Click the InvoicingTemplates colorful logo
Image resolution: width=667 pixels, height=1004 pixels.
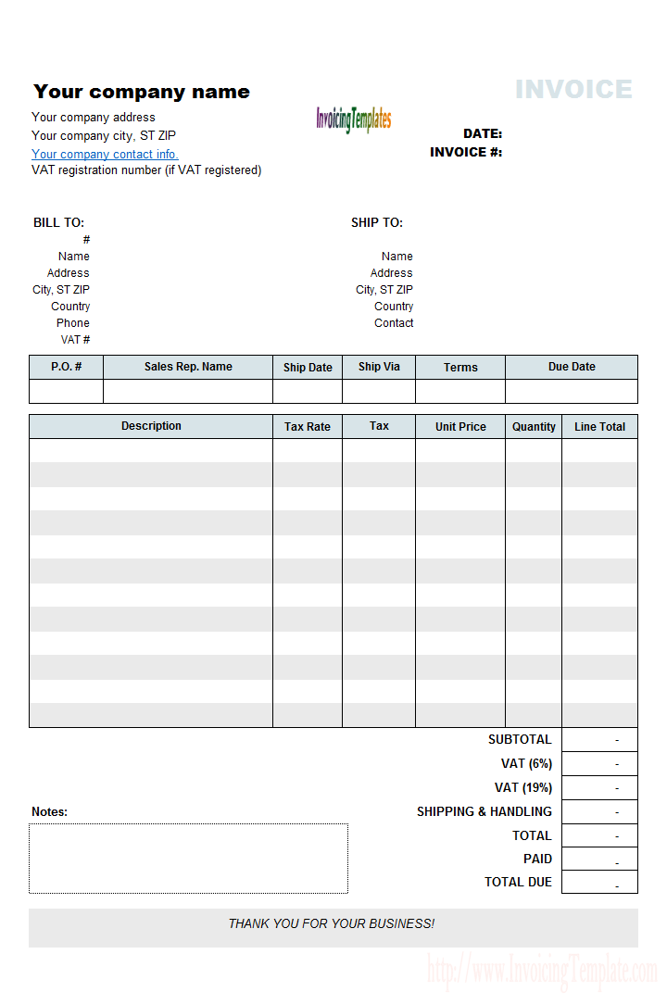click(353, 119)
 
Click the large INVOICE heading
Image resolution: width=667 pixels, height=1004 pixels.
click(573, 90)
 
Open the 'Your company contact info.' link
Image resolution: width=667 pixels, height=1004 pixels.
click(105, 155)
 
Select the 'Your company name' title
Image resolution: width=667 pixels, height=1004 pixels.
click(142, 92)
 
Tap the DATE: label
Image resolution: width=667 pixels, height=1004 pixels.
click(483, 134)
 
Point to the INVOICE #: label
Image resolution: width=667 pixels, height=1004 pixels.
click(466, 152)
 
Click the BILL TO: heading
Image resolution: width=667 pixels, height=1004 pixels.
click(58, 223)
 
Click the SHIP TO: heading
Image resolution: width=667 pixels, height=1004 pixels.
click(377, 223)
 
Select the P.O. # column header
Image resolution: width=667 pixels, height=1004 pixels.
click(66, 367)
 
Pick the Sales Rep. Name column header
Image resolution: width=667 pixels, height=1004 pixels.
click(188, 367)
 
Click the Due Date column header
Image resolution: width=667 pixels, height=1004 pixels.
click(572, 367)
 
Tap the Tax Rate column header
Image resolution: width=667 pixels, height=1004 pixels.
click(308, 427)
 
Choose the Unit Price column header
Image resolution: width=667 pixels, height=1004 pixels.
click(460, 427)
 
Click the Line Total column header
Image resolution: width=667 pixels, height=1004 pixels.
click(599, 427)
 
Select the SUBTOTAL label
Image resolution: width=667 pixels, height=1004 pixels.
click(520, 740)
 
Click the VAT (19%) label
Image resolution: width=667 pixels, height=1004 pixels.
click(523, 788)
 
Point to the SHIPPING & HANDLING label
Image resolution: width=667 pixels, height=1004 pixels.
click(485, 812)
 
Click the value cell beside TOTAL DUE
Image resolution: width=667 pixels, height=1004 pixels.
click(599, 883)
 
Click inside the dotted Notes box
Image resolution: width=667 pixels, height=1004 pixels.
click(188, 859)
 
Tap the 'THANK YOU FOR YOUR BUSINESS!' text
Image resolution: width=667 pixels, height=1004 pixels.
click(332, 924)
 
